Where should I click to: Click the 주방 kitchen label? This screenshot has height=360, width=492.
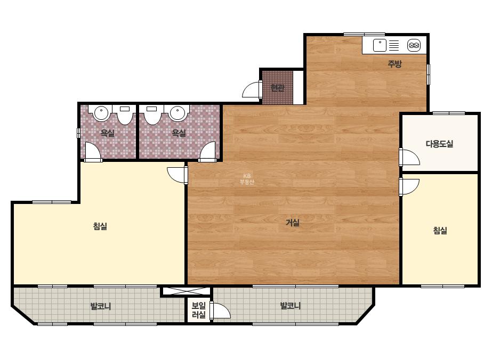394,64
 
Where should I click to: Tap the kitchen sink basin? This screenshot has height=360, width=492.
380,45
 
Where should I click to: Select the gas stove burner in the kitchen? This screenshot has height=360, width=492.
414,45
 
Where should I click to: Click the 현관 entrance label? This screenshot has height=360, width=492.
277,88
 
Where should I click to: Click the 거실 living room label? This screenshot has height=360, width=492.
293,223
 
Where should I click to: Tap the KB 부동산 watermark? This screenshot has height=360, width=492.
247,179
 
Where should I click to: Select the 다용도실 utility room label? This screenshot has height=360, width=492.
439,144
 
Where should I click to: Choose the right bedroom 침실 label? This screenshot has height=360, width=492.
440,231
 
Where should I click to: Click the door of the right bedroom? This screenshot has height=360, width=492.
409,186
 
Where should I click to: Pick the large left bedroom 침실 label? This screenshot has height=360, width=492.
100,226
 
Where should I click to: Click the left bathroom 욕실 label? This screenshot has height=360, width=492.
107,133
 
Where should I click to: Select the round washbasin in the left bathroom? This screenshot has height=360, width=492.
101,113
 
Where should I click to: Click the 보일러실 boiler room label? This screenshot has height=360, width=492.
199,310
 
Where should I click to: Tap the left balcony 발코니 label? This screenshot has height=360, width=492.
101,306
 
